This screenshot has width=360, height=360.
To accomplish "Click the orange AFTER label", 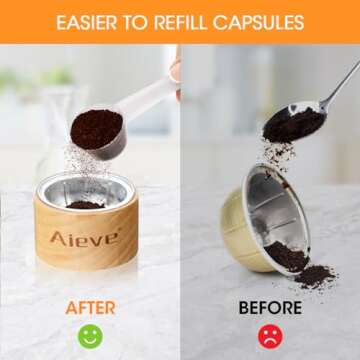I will [90, 309].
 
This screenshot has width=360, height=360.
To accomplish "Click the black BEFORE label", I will [270, 309].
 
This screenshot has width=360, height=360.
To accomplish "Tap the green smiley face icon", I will [90, 336].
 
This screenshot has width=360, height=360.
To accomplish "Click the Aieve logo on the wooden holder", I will [85, 237].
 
